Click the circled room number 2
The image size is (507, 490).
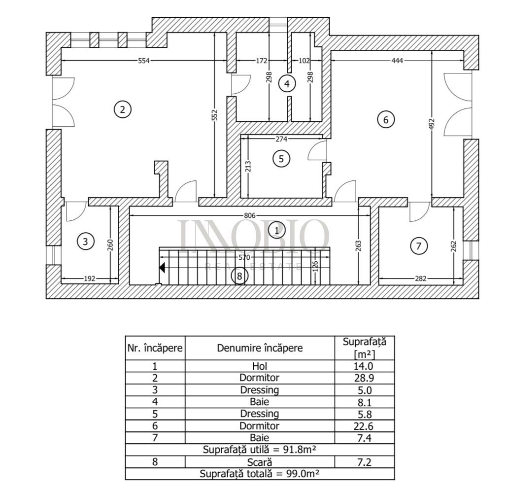(x=123, y=109)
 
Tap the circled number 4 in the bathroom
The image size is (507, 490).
(x=287, y=83)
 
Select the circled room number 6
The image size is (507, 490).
(x=386, y=119)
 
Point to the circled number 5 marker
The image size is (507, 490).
(x=281, y=159)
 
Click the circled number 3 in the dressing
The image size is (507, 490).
(x=86, y=241)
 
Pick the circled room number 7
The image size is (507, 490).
(x=419, y=245)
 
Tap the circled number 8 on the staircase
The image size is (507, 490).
(x=239, y=276)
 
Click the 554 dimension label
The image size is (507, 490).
(x=143, y=61)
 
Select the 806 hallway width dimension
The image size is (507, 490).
(x=250, y=215)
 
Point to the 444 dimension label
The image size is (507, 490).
(x=398, y=61)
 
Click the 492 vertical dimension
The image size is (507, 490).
(x=432, y=123)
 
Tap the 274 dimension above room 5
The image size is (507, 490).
(x=281, y=139)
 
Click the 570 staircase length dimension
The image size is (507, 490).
(x=244, y=257)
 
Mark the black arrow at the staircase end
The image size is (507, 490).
(x=162, y=268)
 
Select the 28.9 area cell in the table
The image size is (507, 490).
(x=364, y=378)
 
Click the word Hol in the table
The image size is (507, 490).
(x=259, y=366)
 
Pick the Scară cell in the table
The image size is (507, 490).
(x=259, y=462)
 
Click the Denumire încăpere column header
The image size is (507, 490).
(x=260, y=348)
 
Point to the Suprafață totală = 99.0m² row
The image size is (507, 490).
(x=259, y=474)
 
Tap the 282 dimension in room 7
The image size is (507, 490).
(x=421, y=279)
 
